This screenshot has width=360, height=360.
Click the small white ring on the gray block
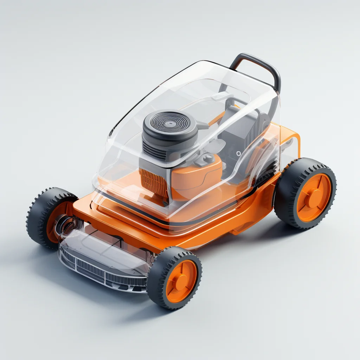click(x=239, y=153)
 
